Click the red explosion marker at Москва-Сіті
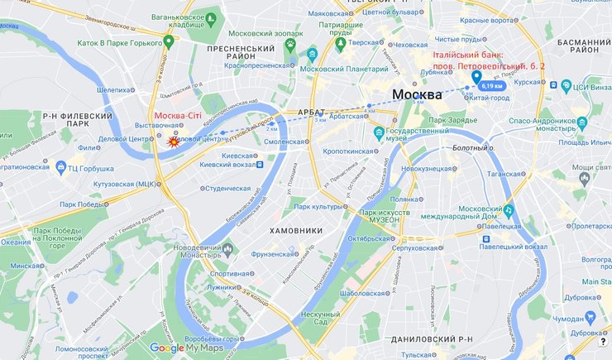[x=174, y=142]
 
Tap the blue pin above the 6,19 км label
[x=476, y=78]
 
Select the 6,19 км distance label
[x=491, y=86]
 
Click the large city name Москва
[x=417, y=94]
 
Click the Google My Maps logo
[x=187, y=348]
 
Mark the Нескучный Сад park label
[x=313, y=319]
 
